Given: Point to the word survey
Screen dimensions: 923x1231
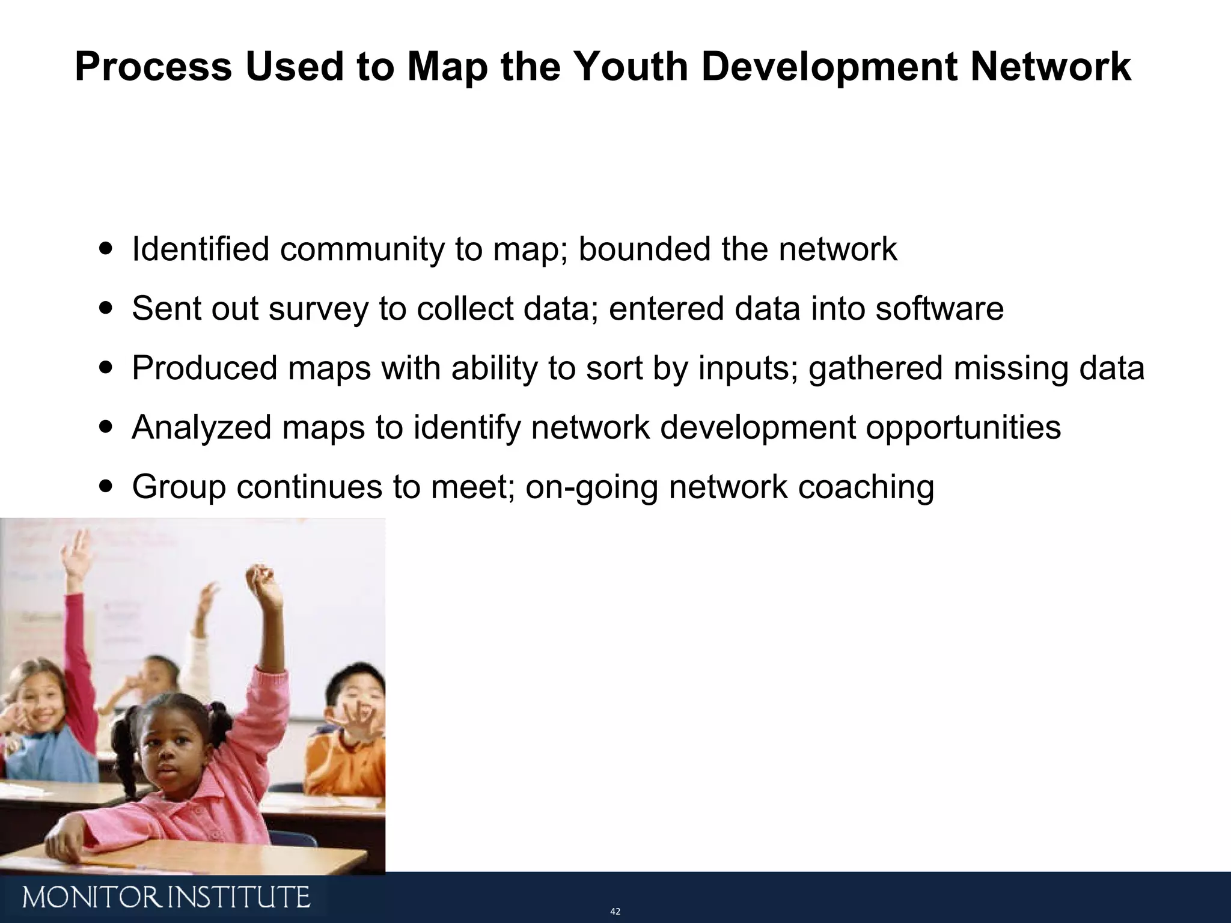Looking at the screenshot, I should [x=318, y=309].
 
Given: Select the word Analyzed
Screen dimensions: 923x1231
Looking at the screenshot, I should [x=201, y=427].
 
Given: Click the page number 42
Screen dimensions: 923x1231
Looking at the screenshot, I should [x=615, y=912].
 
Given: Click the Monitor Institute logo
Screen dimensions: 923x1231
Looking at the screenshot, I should [x=166, y=898].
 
